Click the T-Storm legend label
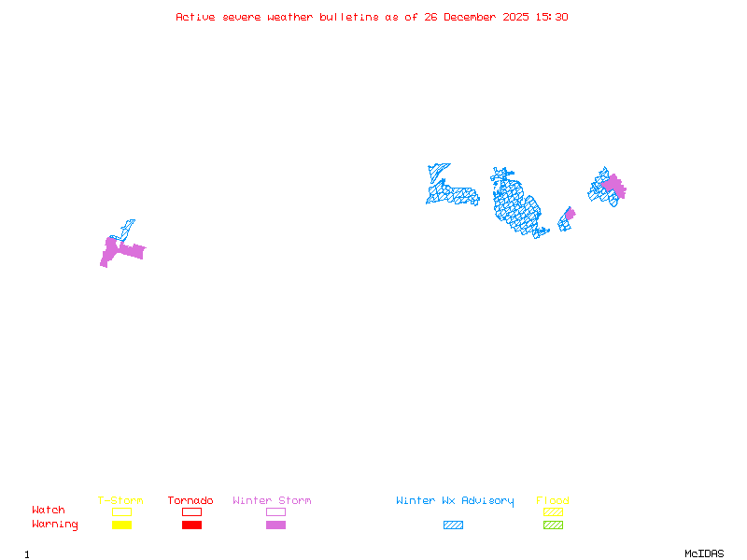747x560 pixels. pos(120,501)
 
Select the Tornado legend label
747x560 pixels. pos(190,501)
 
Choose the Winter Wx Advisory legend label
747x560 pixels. pos(455,501)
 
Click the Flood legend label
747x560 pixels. pos(553,501)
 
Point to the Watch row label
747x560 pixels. pos(49,511)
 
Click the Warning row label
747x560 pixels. pos(55,525)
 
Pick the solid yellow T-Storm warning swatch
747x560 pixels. pos(121,525)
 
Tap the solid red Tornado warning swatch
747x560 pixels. pos(191,525)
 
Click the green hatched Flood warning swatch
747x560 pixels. pos(553,525)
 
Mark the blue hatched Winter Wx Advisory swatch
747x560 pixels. pos(453,525)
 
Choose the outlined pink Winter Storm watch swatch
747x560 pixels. pos(275,511)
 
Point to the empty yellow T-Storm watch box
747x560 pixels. pos(121,511)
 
